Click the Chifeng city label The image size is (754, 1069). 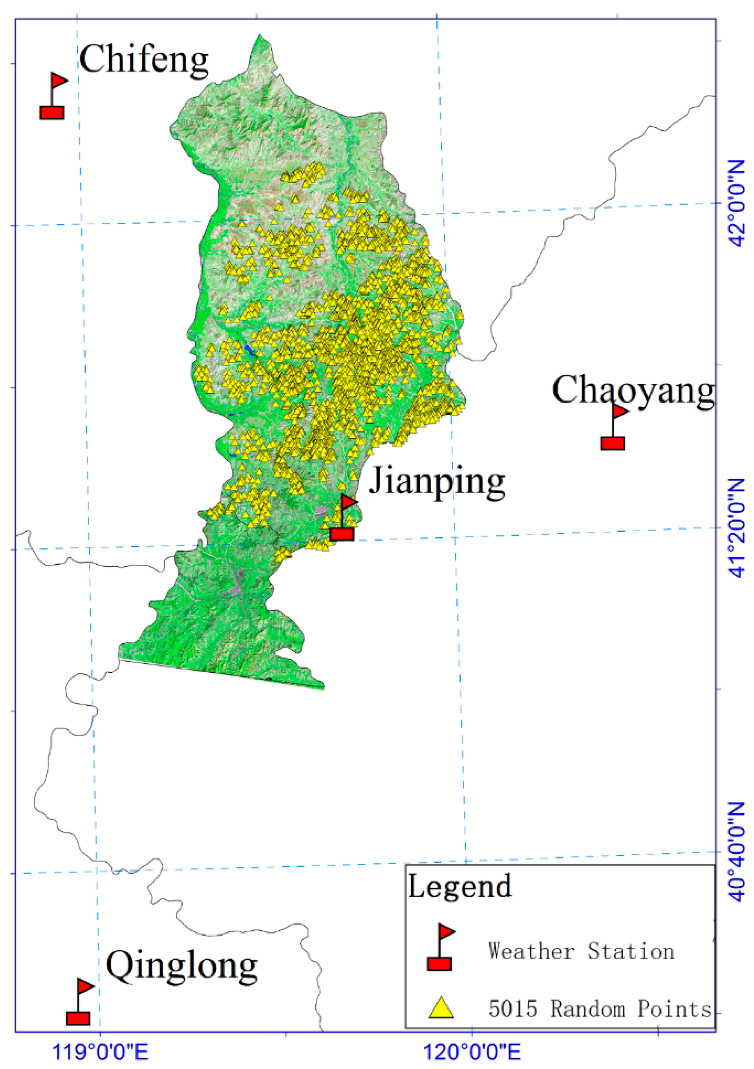pos(143,59)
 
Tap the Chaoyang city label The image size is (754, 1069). pos(633,390)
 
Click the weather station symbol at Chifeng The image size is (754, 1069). pos(53,97)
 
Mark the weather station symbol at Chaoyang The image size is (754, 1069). pos(613,428)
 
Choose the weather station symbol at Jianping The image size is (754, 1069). pos(343,518)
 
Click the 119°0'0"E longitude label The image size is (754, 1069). pos(101,1052)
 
